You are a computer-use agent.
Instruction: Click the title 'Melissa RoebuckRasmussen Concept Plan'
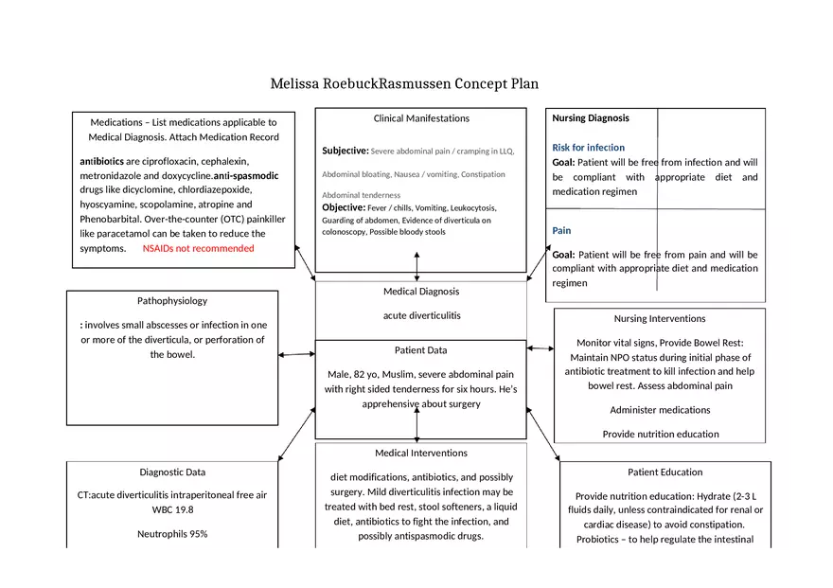(x=404, y=83)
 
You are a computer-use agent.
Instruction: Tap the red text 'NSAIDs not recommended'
(x=199, y=248)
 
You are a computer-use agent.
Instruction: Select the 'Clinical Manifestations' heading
(x=421, y=118)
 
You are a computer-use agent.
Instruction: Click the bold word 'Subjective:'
(x=345, y=151)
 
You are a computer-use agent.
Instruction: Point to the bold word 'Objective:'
(x=344, y=207)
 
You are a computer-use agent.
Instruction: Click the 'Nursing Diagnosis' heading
(x=591, y=118)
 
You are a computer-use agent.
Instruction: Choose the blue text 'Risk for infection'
(x=588, y=148)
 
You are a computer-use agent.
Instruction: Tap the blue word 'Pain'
(x=561, y=230)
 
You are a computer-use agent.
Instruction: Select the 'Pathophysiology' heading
(x=172, y=301)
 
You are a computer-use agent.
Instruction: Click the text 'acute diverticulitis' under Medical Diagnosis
(x=421, y=315)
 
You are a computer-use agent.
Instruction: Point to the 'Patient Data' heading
(x=421, y=350)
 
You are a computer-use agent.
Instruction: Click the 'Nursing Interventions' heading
(x=660, y=318)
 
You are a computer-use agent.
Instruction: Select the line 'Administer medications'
(x=660, y=410)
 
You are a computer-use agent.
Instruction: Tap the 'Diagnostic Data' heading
(x=172, y=472)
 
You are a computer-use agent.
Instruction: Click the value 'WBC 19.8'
(x=172, y=509)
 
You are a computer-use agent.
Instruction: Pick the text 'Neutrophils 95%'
(x=172, y=534)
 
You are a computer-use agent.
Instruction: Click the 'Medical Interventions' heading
(x=421, y=453)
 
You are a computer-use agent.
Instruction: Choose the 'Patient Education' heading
(x=665, y=472)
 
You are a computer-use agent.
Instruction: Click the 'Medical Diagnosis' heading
(x=421, y=292)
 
